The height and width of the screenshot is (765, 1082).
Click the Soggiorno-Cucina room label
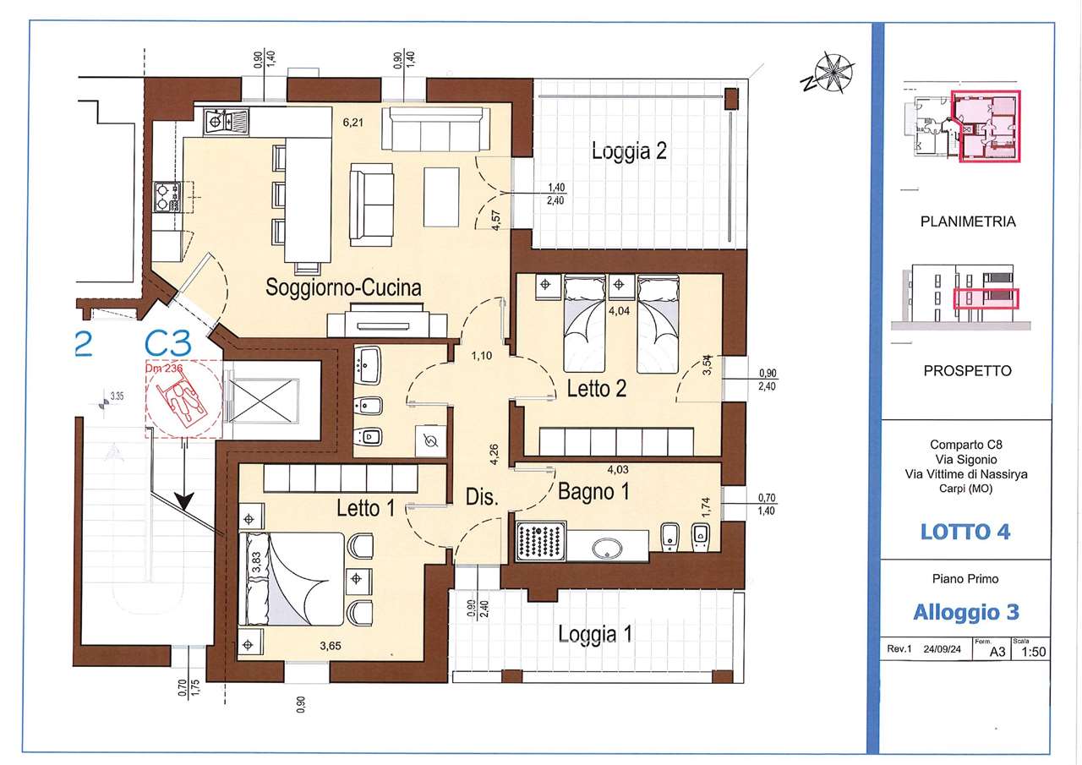pos(343,287)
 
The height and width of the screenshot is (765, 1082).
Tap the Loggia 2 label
pos(629,151)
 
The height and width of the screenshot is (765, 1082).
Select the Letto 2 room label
pos(597,389)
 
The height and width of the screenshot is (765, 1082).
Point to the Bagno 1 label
pos(593,492)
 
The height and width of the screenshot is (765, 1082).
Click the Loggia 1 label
pos(595,634)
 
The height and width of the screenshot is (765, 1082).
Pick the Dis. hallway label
pos(482,497)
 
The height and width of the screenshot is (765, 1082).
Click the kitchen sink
pos(226,121)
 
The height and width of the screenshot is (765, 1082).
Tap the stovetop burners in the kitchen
pos(167,197)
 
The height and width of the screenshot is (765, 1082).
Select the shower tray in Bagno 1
pos(540,541)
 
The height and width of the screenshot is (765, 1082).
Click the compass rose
pos(833,74)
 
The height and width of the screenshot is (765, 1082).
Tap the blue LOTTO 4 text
pos(965,533)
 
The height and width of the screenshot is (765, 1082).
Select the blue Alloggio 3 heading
pos(966,612)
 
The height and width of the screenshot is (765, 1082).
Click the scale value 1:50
pos(1033,652)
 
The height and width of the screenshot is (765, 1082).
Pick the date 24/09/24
pos(942,649)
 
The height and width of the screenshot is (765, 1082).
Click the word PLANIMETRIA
pos(968,221)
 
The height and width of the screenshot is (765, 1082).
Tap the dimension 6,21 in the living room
pos(352,123)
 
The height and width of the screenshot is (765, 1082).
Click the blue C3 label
pos(168,343)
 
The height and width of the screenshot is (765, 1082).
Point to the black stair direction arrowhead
pos(184,500)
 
